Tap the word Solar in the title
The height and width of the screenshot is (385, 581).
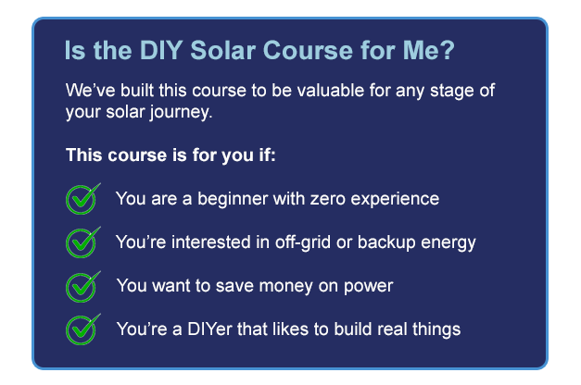pyautogui.click(x=222, y=50)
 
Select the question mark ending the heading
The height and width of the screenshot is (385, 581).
pyautogui.click(x=448, y=50)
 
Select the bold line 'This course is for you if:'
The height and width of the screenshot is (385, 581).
pyautogui.click(x=171, y=155)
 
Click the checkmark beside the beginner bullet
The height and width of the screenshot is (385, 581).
pyautogui.click(x=82, y=199)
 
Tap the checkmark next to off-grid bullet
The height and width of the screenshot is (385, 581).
pyautogui.click(x=82, y=242)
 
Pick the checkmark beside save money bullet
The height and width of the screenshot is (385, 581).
pyautogui.click(x=82, y=287)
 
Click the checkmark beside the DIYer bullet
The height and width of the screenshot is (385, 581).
pyautogui.click(x=82, y=329)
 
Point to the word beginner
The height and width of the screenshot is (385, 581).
pyautogui.click(x=233, y=199)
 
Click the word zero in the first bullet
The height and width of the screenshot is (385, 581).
pyautogui.click(x=327, y=199)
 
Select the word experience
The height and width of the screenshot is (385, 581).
pyautogui.click(x=395, y=200)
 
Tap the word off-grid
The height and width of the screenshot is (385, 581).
pyautogui.click(x=303, y=242)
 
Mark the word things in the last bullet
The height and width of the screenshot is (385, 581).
pyautogui.click(x=436, y=329)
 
